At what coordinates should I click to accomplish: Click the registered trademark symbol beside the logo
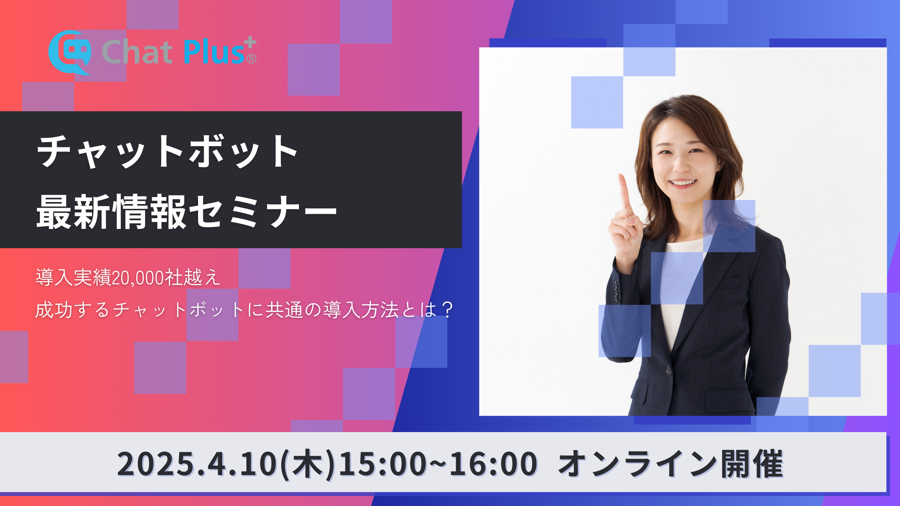251,59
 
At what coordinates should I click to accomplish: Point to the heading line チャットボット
167,152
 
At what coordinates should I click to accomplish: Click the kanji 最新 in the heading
74,212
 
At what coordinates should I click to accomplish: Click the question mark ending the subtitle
447,310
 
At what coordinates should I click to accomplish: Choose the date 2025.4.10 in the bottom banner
197,464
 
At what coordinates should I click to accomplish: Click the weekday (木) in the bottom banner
307,464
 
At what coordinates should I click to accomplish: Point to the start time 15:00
382,464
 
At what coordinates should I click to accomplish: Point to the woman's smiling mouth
683,183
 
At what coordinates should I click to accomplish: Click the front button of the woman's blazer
668,370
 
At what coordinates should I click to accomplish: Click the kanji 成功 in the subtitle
54,310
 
